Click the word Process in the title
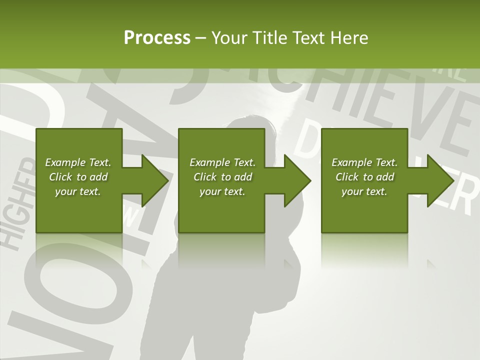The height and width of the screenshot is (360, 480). pyautogui.click(x=157, y=38)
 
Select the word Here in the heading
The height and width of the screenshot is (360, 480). pyautogui.click(x=349, y=38)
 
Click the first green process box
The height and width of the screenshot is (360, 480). pyautogui.click(x=79, y=210)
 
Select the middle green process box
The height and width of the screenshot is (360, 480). pyautogui.click(x=221, y=210)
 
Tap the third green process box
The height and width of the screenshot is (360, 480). pyautogui.click(x=364, y=210)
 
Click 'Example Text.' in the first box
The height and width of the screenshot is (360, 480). pyautogui.click(x=78, y=162)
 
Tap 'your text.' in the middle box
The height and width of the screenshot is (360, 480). pyautogui.click(x=222, y=191)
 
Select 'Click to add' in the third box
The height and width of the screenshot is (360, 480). pyautogui.click(x=364, y=177)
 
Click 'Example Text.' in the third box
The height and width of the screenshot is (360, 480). pyautogui.click(x=364, y=162)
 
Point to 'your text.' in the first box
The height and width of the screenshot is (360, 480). pyautogui.click(x=78, y=191)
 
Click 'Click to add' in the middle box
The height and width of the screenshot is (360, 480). pyautogui.click(x=222, y=177)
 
